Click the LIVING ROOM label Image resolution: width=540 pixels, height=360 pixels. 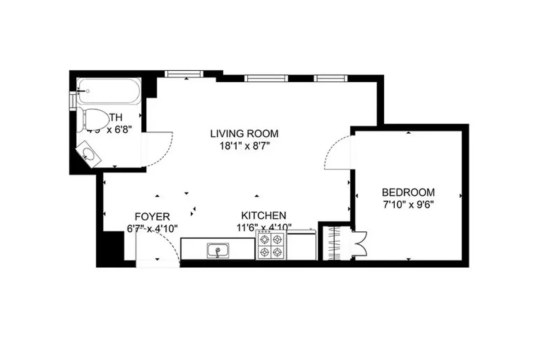(244, 134)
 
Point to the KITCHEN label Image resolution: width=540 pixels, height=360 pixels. (263, 215)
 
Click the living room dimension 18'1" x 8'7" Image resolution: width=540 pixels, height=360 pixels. (244, 145)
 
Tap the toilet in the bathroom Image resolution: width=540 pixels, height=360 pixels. (92, 118)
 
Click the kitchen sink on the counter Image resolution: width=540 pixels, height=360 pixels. (218, 250)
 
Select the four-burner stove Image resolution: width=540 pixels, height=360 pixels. (271, 245)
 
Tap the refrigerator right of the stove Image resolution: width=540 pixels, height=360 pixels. (301, 245)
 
